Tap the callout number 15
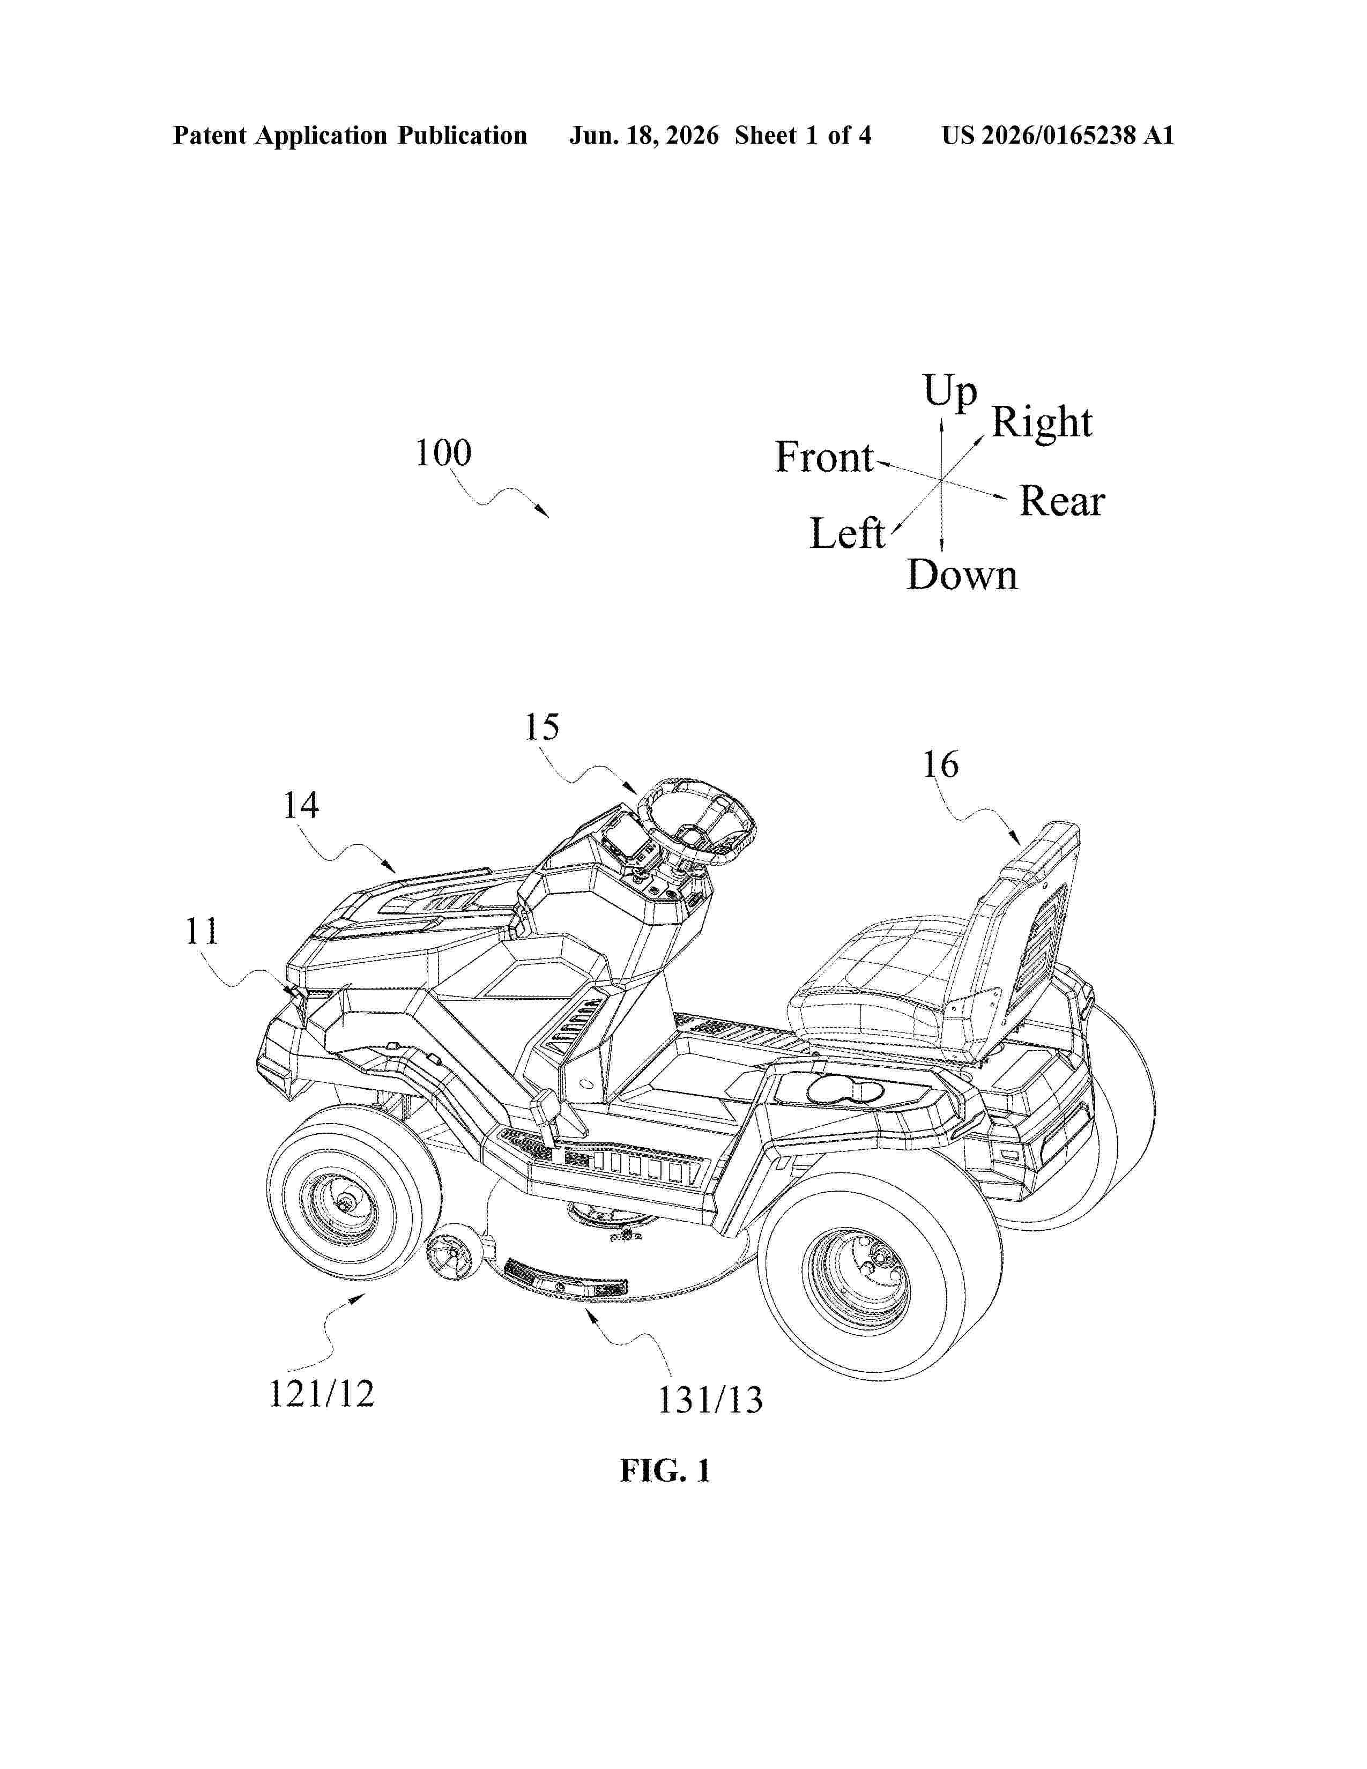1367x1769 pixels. coord(542,727)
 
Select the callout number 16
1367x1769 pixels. coord(941,764)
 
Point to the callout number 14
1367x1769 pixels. coord(300,805)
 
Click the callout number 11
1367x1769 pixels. coord(202,932)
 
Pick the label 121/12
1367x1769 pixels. coord(322,1394)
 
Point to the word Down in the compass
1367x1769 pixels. coord(962,575)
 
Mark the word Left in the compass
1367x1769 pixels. coord(847,534)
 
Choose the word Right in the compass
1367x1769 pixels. coord(1042,423)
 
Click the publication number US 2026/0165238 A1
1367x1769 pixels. coord(1058,135)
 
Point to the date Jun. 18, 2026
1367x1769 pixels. coord(644,135)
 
